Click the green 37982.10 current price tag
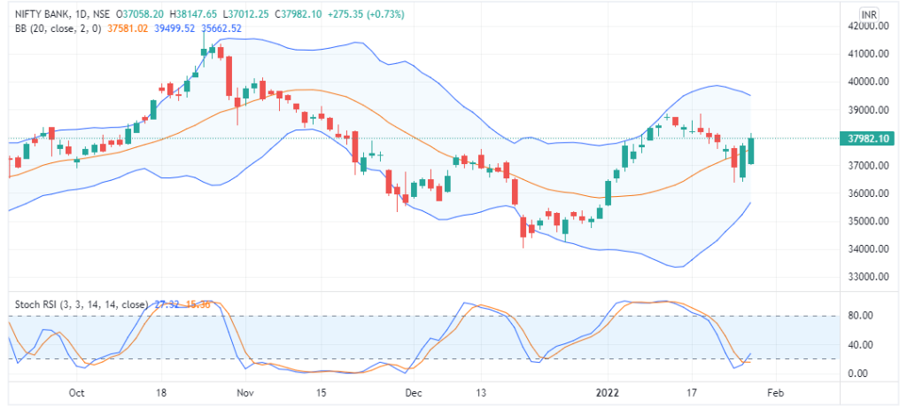coord(869,138)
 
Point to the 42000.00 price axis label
coord(869,27)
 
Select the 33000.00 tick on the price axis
coord(869,277)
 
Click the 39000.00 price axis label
coord(869,110)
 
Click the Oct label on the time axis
coord(76,392)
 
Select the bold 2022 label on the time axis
coord(607,392)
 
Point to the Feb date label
coord(775,392)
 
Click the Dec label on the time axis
coord(414,392)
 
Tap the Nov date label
coord(245,392)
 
